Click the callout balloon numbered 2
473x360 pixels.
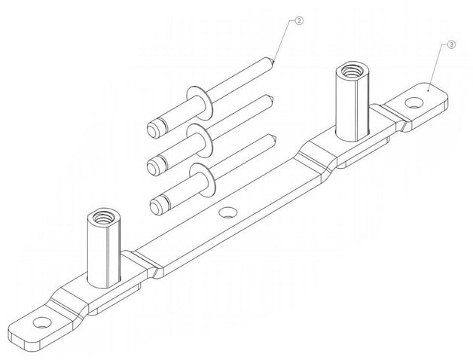tap(299, 21)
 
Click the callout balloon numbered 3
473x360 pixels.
tap(451, 44)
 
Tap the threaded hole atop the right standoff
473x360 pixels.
tap(350, 72)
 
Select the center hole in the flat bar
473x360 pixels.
tap(228, 212)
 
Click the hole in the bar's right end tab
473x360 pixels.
tap(414, 102)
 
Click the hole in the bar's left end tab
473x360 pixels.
tap(41, 322)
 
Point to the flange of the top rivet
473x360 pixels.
tap(200, 102)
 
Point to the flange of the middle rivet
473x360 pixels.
tap(199, 141)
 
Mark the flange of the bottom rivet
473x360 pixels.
tap(202, 179)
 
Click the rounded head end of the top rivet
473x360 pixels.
tap(153, 130)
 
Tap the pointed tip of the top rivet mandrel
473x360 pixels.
tap(273, 63)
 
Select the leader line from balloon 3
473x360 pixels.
tap(437, 67)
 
